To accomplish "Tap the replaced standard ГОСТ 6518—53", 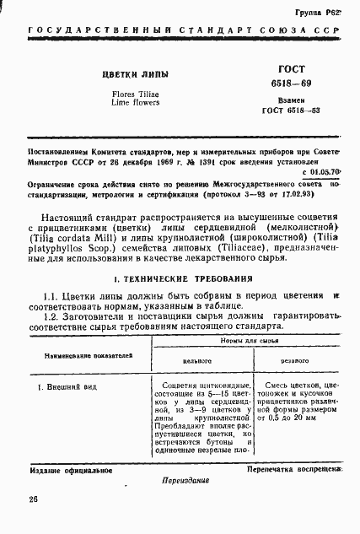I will pyautogui.click(x=286, y=110).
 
